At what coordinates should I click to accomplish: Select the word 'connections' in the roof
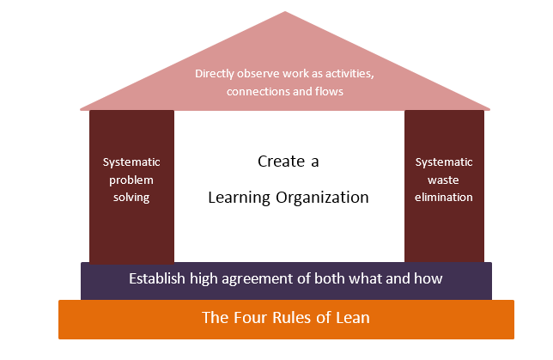point(256,92)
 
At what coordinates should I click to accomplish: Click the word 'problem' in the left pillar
point(131,180)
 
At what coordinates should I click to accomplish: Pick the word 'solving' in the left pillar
point(131,197)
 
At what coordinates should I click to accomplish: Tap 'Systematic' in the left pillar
point(131,162)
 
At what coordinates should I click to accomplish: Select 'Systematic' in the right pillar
point(444,162)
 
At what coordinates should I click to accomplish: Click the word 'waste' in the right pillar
point(444,180)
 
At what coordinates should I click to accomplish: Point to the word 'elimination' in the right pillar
point(444,197)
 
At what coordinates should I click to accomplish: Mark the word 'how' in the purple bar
point(428,278)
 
